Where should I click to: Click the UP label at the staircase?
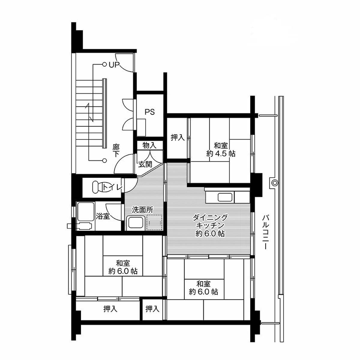(x=114, y=64)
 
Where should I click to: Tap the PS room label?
(x=150, y=112)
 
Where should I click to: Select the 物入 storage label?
(x=149, y=145)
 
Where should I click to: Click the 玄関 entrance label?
(x=145, y=164)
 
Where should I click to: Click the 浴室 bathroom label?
(x=103, y=216)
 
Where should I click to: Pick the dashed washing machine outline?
(x=154, y=222)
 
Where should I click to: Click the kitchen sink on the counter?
(x=225, y=197)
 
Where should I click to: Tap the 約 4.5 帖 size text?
(x=221, y=154)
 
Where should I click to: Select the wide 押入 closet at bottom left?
(x=110, y=309)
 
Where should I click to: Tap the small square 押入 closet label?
(x=152, y=309)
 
